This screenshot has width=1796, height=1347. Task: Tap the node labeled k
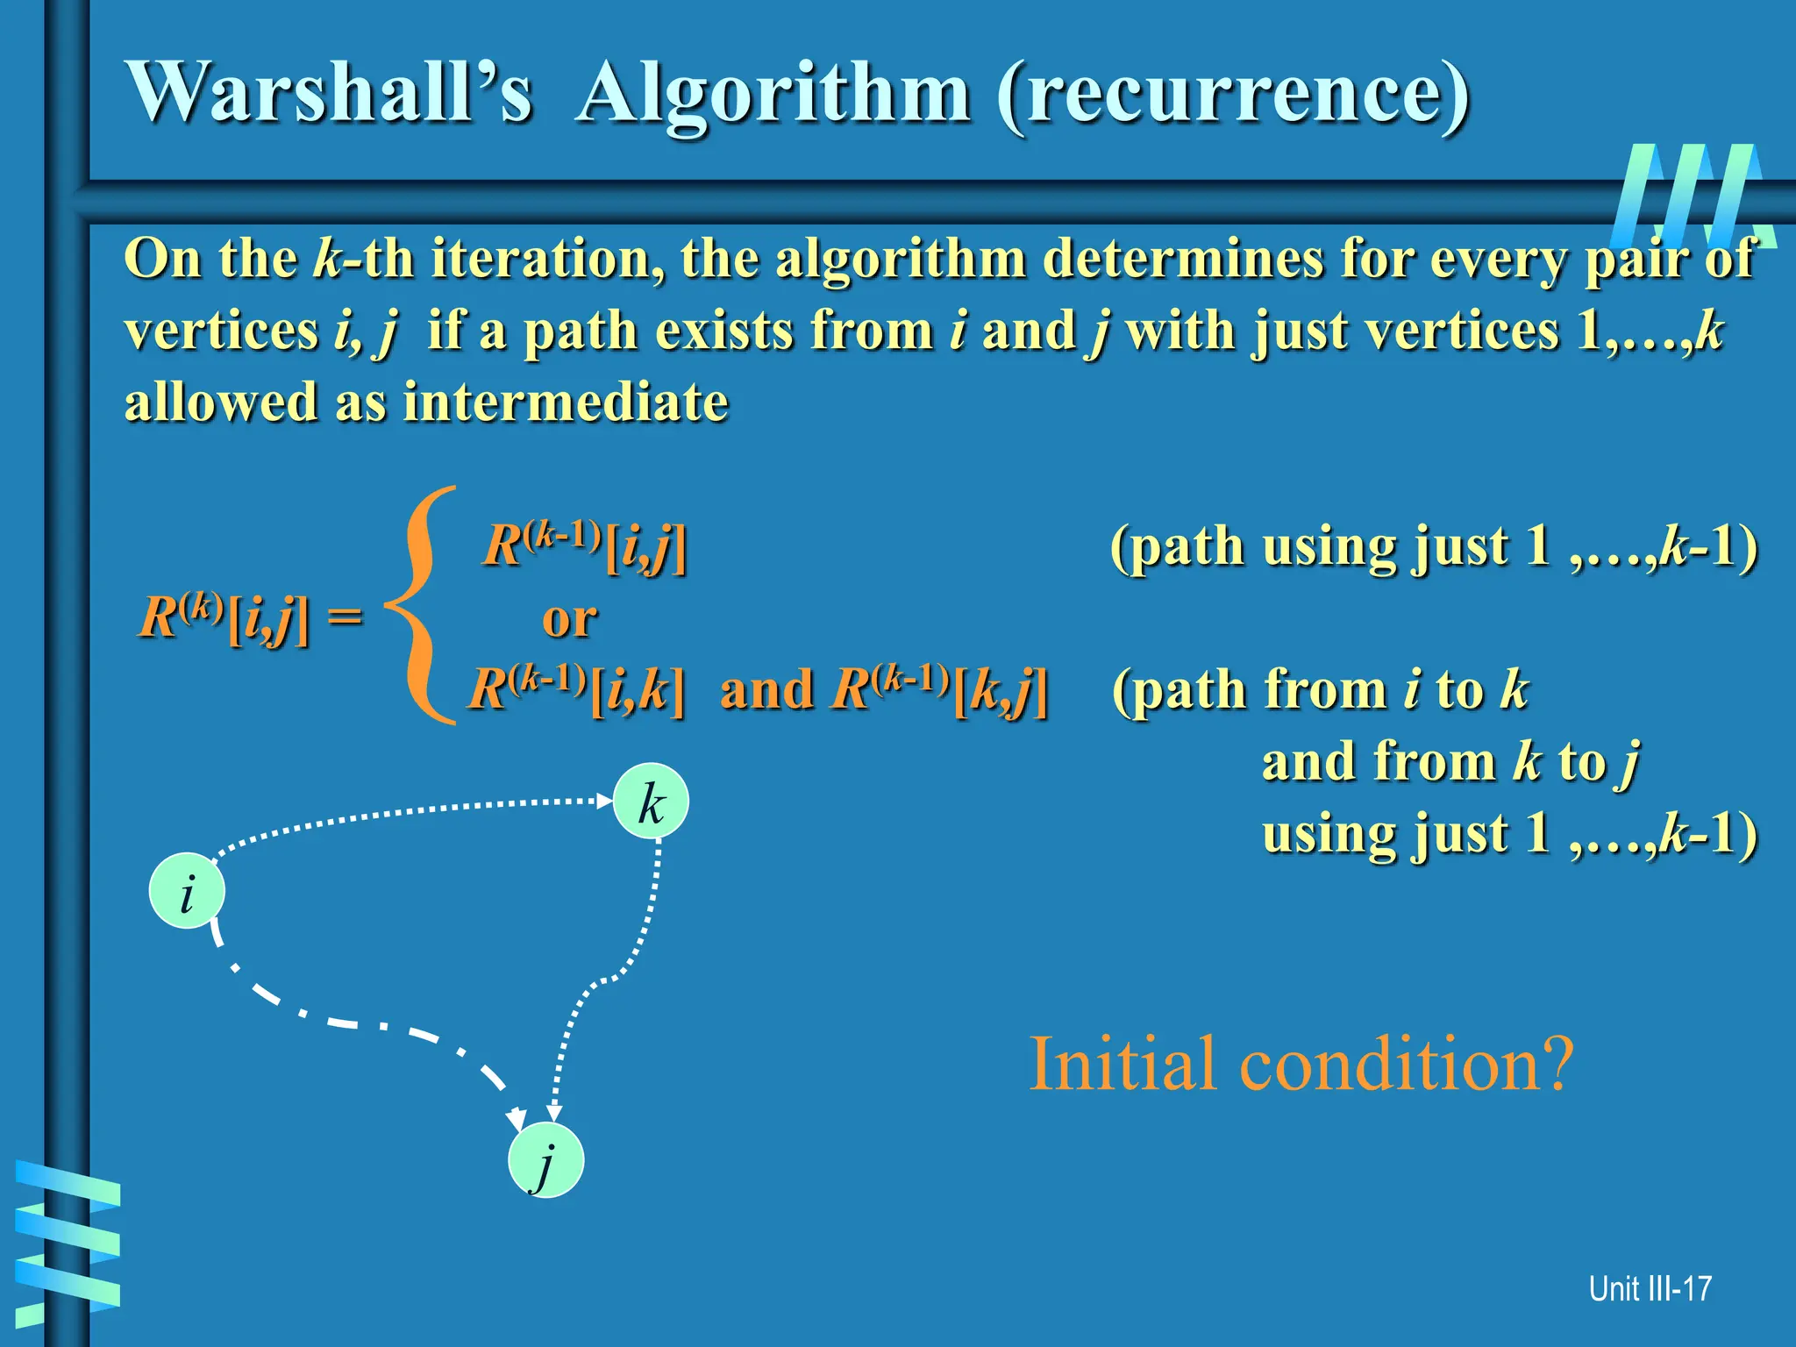click(x=651, y=802)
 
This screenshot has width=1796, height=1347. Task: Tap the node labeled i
click(x=187, y=891)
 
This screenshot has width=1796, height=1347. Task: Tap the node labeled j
click(x=545, y=1159)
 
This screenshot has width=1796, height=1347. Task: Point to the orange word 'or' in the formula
click(x=569, y=619)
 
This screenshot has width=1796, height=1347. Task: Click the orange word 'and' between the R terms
click(x=766, y=689)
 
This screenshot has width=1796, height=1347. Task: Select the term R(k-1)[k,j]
click(x=939, y=689)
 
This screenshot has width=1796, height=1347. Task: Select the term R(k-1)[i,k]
click(x=576, y=689)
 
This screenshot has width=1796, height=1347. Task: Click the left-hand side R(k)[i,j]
click(x=224, y=617)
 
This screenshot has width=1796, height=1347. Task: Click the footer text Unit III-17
click(x=1650, y=1288)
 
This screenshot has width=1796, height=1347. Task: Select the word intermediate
click(x=566, y=403)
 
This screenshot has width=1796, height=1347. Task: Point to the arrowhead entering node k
click(x=604, y=800)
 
